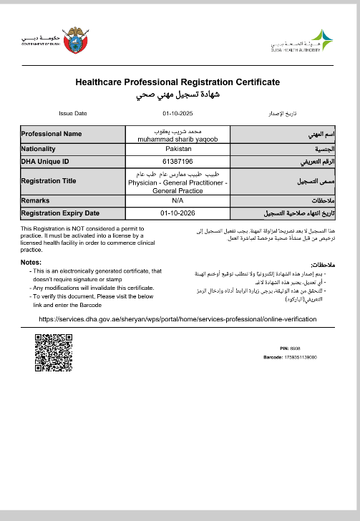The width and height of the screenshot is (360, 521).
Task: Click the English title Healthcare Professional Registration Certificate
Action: pyautogui.click(x=177, y=82)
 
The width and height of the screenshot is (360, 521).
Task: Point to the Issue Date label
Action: pyautogui.click(x=72, y=113)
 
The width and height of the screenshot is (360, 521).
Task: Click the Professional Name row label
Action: pyautogui.click(x=52, y=134)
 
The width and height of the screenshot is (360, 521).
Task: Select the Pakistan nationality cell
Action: pyautogui.click(x=179, y=149)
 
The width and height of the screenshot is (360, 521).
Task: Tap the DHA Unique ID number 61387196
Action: pyautogui.click(x=179, y=161)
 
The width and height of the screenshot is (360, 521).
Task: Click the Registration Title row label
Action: pyautogui.click(x=49, y=181)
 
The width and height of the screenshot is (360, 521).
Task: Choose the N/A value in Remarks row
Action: pyautogui.click(x=179, y=201)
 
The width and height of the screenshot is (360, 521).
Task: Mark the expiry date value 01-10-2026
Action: pyautogui.click(x=179, y=213)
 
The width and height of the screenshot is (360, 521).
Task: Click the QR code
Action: pyautogui.click(x=54, y=353)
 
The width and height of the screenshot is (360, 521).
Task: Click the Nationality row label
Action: pyautogui.click(x=39, y=149)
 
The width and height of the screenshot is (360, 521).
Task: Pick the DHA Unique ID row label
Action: pyautogui.click(x=45, y=161)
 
